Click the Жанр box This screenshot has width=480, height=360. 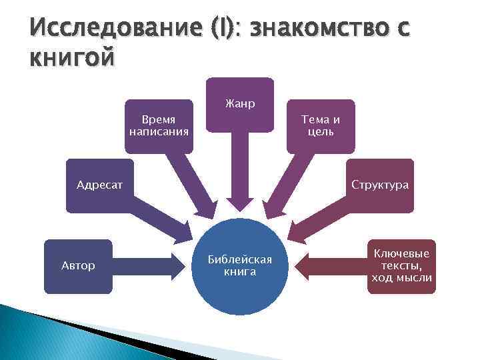coord(239,104)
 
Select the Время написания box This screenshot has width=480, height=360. coord(159,126)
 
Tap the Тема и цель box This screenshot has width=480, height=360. coord(321,126)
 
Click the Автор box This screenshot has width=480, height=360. coord(78,266)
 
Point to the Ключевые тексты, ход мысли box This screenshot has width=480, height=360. coord(402,266)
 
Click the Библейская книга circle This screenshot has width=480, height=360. coord(239,266)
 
